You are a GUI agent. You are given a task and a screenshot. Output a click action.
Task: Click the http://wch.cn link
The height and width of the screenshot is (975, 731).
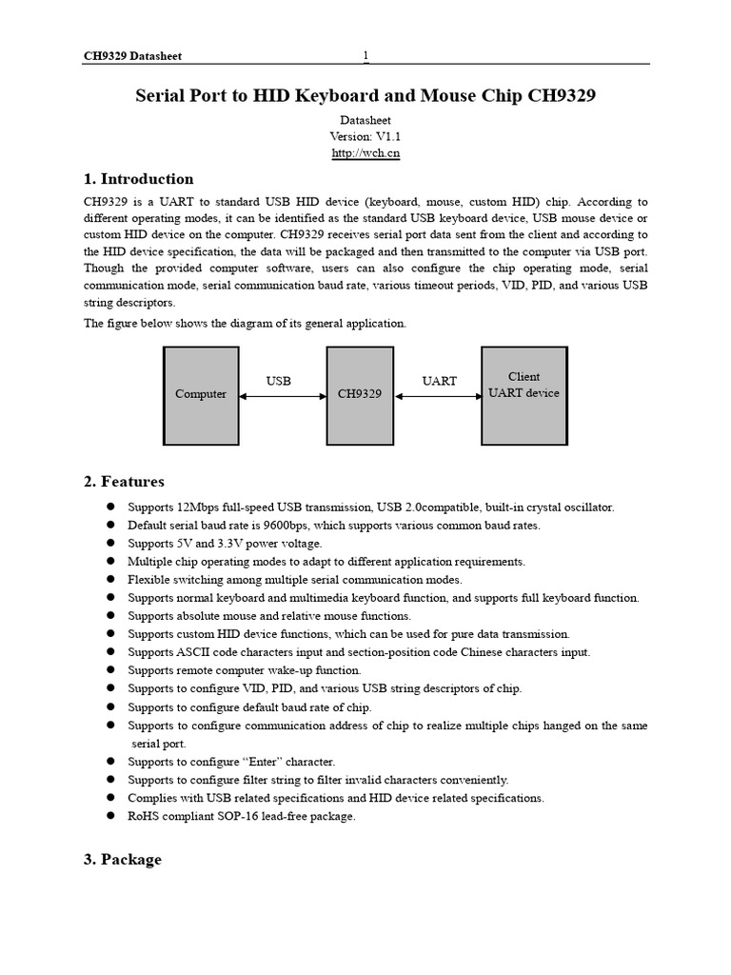click(x=365, y=153)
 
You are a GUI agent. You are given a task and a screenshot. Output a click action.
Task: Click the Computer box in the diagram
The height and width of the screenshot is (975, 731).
click(x=201, y=394)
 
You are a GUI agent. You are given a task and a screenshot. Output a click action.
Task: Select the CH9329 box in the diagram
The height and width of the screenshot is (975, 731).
click(x=360, y=394)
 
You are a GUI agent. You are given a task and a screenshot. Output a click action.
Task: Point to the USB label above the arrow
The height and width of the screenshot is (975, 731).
click(x=278, y=380)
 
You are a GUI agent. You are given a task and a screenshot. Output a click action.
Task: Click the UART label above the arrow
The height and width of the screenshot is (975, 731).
click(x=439, y=381)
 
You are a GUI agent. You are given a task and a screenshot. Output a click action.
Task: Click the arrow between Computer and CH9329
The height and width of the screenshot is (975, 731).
click(x=283, y=395)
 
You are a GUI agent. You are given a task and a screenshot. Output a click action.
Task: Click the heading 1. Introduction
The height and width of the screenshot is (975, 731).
click(x=138, y=179)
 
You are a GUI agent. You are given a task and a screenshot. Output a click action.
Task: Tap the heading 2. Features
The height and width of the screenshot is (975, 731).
click(x=124, y=481)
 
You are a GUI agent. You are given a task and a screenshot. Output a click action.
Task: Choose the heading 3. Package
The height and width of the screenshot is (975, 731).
click(x=122, y=859)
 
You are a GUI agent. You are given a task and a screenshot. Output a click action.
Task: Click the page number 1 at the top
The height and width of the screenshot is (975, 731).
click(x=365, y=56)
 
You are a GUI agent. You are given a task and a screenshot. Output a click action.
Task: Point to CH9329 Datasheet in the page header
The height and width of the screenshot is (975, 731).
click(x=132, y=56)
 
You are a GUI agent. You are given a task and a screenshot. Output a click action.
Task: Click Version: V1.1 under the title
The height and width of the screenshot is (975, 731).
click(x=365, y=136)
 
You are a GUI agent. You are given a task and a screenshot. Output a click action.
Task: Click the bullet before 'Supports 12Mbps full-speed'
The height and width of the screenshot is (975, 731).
click(x=110, y=507)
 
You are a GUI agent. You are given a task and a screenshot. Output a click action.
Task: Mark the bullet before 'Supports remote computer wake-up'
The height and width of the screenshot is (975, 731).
click(x=110, y=670)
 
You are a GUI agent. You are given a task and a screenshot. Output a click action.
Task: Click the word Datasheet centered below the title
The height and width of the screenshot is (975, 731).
click(x=365, y=120)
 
